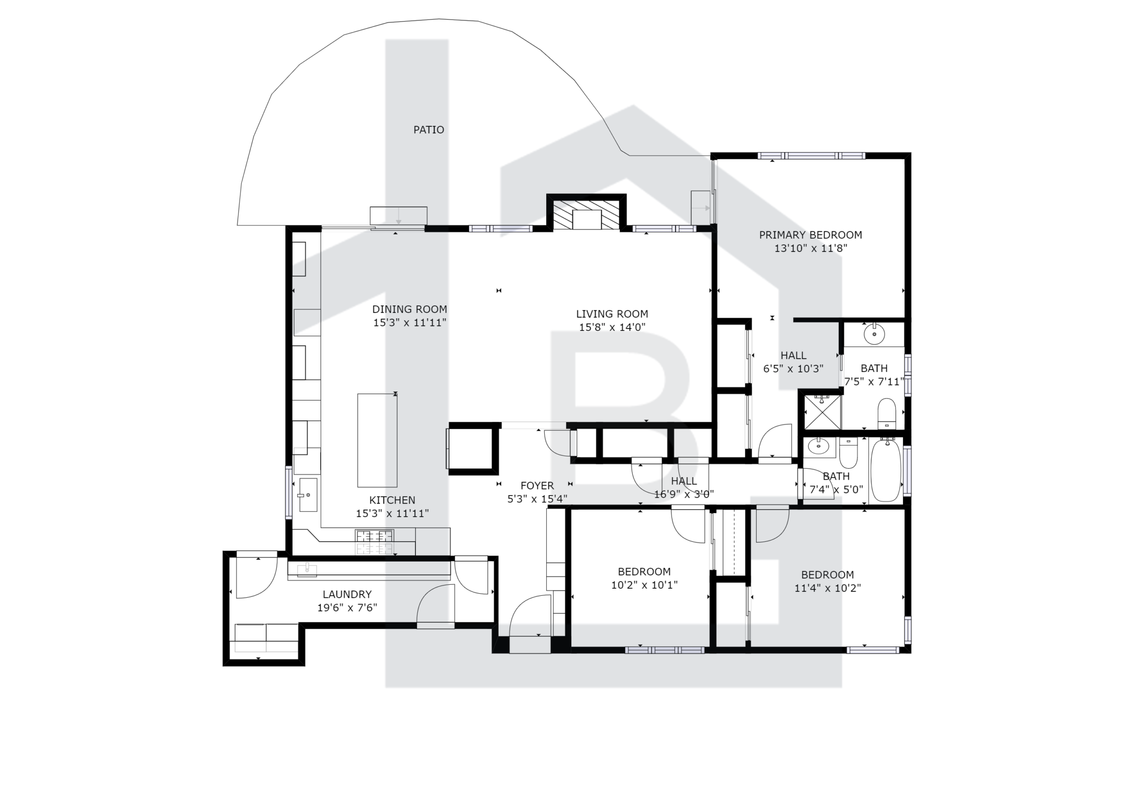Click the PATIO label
(x=428, y=130)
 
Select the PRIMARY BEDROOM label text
(x=810, y=235)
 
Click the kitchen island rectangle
(x=377, y=440)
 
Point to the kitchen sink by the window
(x=308, y=495)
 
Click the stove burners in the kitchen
(x=374, y=542)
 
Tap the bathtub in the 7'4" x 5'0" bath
(x=886, y=471)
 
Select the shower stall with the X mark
(x=822, y=412)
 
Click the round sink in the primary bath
(x=874, y=334)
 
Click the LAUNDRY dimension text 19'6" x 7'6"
(x=347, y=608)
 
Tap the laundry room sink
(x=307, y=570)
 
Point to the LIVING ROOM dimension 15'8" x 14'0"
(x=612, y=327)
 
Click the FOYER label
(x=537, y=486)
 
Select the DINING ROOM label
(x=409, y=309)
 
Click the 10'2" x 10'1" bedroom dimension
(x=644, y=585)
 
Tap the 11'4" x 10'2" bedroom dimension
(x=827, y=588)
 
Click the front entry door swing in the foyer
(x=530, y=615)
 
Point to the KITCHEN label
(x=392, y=500)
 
